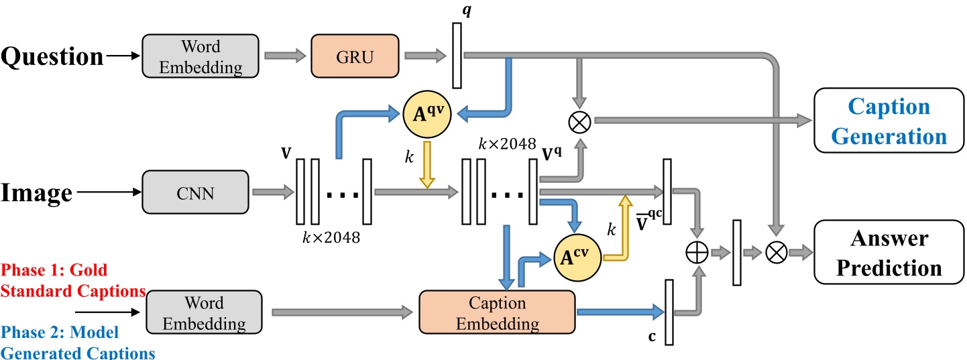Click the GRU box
pos(355,56)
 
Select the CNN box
pos(196,192)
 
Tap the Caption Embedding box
pos(497,312)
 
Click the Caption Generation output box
pos(889,121)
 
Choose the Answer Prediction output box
pos(889,252)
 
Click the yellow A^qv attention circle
pos(427,115)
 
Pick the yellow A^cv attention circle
pos(577,257)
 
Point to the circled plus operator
pos(697,252)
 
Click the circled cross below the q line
pos(579,122)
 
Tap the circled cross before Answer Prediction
pos(776,252)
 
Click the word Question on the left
pos(52,56)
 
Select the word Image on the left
pos(37,193)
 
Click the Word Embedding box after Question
pos(201,56)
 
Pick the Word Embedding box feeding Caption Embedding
pos(204,312)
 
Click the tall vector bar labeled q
pos(457,56)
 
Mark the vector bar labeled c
pos(669,312)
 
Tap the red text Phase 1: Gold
pos(54,270)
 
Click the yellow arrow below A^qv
pos(427,165)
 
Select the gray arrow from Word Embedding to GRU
pos(286,56)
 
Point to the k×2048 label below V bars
pos(331,237)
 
